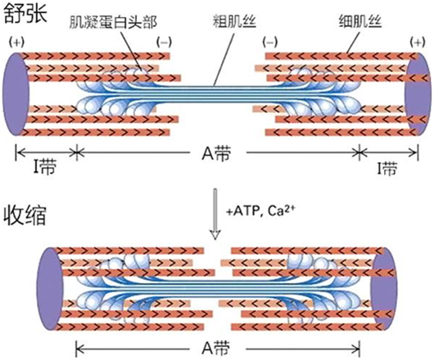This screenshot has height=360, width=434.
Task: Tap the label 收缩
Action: click(x=25, y=215)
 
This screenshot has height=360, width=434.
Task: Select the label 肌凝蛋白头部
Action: click(x=113, y=22)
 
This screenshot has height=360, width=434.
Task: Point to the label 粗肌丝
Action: click(x=234, y=21)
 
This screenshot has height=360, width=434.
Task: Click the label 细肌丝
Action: click(x=360, y=21)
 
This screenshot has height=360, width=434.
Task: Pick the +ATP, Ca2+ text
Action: click(x=260, y=212)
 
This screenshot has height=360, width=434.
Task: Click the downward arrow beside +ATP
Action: click(x=215, y=214)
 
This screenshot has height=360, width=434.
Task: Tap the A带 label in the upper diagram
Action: click(x=216, y=153)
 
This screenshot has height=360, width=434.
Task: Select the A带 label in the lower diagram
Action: click(x=216, y=348)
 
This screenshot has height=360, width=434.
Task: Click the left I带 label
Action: click(x=45, y=168)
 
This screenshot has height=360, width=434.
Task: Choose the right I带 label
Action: click(x=387, y=169)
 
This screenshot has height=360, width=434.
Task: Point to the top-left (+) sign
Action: click(x=16, y=43)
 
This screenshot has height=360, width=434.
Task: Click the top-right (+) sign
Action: click(x=418, y=43)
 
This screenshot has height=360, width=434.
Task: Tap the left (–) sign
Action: click(x=164, y=43)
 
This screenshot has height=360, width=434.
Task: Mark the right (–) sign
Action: click(x=270, y=43)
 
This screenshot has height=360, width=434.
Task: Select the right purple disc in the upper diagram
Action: click(x=418, y=94)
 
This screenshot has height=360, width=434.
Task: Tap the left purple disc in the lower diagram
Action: click(x=51, y=289)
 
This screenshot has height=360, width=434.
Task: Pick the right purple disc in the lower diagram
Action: click(x=383, y=289)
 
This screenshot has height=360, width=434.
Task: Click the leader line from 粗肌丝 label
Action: click(x=224, y=60)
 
